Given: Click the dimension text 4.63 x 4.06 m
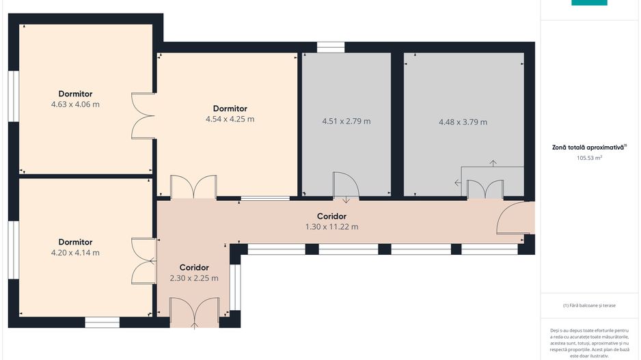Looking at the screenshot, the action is tap(75, 105).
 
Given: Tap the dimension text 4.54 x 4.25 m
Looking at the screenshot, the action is tap(230, 119).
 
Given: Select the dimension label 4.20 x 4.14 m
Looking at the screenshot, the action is tap(75, 253).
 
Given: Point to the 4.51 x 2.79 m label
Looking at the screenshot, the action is tap(346, 121).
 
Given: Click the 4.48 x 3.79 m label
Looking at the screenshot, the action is tap(463, 122).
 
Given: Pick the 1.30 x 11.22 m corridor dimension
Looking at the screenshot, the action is tap(331, 226).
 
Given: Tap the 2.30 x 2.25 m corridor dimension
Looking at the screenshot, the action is tap(194, 278).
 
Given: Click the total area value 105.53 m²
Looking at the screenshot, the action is tap(589, 158).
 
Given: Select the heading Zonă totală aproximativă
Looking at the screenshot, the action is tap(588, 147).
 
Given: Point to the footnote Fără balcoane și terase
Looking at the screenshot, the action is tap(588, 305).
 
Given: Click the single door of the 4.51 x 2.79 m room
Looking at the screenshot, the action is tap(346, 184).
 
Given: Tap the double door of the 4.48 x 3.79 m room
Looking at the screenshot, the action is tap(485, 189).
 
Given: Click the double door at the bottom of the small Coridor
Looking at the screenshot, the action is tap(194, 313).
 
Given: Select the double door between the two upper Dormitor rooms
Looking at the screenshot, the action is tap(143, 116).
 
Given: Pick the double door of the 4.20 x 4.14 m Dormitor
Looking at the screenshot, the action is tap(144, 261).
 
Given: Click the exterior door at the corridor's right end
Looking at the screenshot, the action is tap(515, 218).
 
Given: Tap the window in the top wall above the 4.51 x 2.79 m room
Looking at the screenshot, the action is tap(331, 47).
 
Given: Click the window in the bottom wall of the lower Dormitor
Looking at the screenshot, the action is tap(103, 322).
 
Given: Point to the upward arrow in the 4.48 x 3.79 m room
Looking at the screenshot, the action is tap(493, 163).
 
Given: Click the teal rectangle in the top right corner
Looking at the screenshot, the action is tap(589, 3).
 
